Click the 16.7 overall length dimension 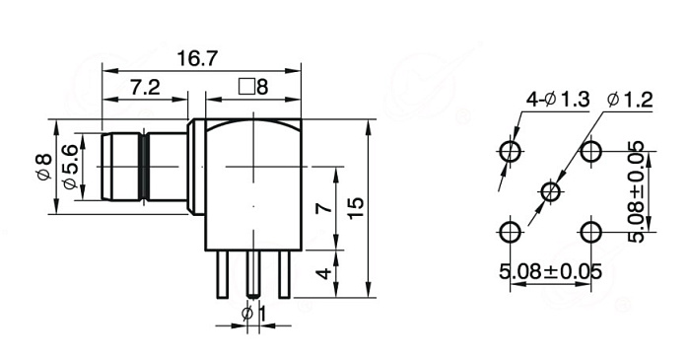[x=197, y=58]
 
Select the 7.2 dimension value [x=145, y=87]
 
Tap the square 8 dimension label [x=253, y=87]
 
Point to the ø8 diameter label [x=44, y=167]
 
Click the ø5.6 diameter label [x=70, y=167]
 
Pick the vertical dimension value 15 [x=356, y=208]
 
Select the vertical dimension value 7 [x=324, y=208]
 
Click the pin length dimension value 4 [x=324, y=274]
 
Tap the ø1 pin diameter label [x=254, y=315]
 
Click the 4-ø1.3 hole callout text [x=558, y=100]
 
